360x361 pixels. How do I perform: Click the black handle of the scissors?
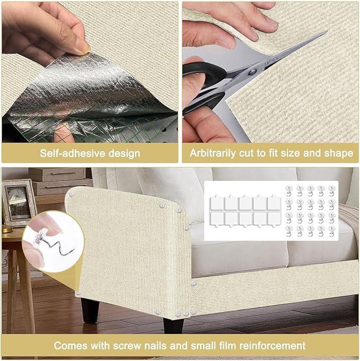[x=199, y=85]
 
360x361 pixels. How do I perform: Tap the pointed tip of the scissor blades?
[x=324, y=33]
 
